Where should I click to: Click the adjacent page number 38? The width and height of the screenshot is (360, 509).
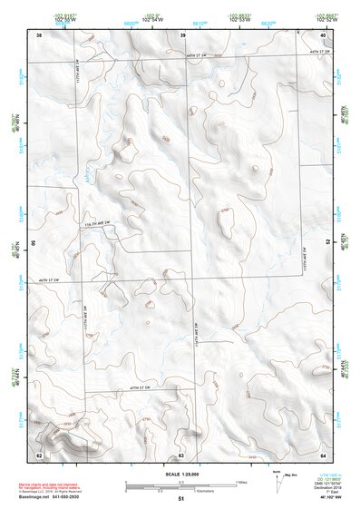(39, 34)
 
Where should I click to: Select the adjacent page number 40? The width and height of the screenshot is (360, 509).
(324, 34)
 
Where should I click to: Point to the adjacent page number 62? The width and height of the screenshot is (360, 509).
(39, 454)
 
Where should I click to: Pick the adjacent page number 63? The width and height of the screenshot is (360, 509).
(181, 454)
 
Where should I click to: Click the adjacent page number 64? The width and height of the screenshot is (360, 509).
(324, 454)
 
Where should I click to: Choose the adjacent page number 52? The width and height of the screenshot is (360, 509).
(327, 243)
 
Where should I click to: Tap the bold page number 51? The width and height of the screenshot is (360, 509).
(181, 500)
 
